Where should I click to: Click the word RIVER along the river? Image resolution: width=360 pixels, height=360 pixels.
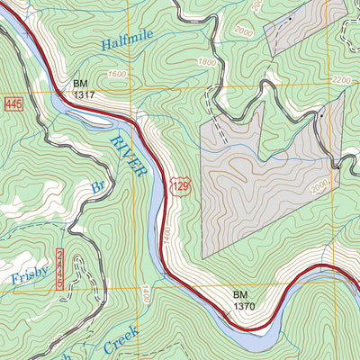129,156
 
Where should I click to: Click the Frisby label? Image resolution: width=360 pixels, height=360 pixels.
31,277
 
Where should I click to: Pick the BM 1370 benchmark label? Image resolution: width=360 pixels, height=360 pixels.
245,301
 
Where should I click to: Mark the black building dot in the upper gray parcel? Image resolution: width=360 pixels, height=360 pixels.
292,18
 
